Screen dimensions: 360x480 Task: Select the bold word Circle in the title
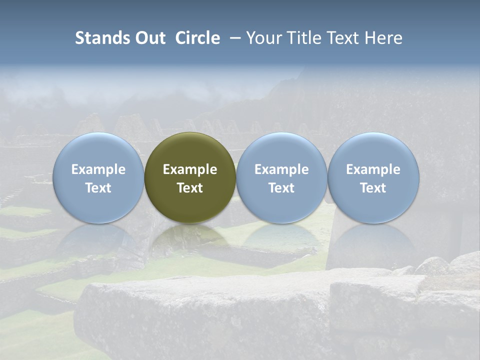coord(197,38)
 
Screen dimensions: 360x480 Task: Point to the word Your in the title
coord(263,38)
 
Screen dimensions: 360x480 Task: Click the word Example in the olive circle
coord(190,169)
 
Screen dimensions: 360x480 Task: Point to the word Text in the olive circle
coord(190,188)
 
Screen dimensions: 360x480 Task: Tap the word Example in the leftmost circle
coord(98,169)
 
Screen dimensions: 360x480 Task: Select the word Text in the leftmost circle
coord(98,188)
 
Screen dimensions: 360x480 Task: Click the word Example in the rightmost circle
coord(373,169)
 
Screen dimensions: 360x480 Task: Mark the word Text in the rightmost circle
coord(373,188)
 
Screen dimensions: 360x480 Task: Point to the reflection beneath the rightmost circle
coord(373,240)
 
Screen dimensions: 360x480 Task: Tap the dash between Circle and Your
coord(233,38)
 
